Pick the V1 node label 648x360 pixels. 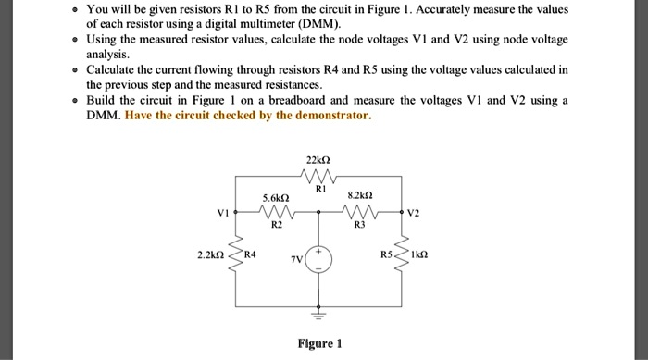point(221,211)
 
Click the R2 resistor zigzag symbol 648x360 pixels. point(276,211)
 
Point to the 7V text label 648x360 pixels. point(296,261)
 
